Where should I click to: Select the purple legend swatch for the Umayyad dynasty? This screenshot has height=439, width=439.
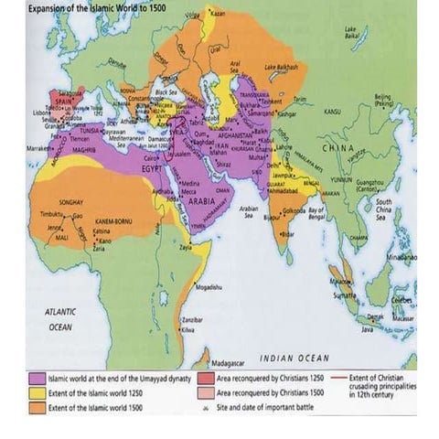pyautogui.click(x=37, y=377)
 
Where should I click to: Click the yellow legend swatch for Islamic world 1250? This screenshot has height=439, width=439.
pyautogui.click(x=37, y=392)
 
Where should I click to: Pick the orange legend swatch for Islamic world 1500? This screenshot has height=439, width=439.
pyautogui.click(x=37, y=407)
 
